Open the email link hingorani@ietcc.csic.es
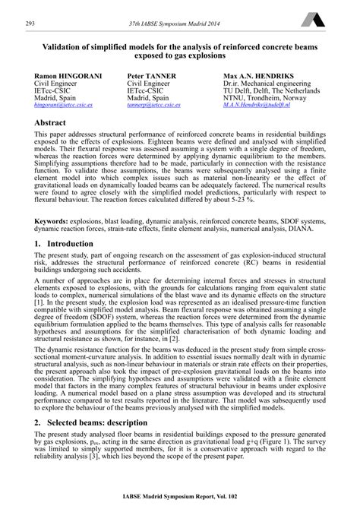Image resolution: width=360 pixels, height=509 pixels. (x=62, y=107)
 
